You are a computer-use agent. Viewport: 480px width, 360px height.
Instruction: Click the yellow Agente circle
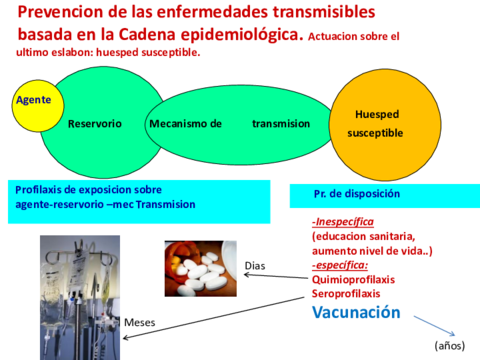coord(38,106)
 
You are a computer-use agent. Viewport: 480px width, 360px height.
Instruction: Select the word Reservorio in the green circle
coord(95,124)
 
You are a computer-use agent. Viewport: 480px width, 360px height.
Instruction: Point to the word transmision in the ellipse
coord(281,124)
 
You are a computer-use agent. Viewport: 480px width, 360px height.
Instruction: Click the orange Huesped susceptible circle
coord(385,125)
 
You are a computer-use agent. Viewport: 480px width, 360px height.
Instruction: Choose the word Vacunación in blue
coord(356,312)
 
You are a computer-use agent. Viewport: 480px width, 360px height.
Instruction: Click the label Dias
coord(255,266)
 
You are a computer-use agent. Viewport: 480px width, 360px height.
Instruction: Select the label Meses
coord(140,322)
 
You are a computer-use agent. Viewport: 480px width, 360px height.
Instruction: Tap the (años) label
coord(450,346)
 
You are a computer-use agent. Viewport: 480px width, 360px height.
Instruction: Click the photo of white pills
coord(201,269)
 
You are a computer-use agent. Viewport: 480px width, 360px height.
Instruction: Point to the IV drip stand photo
coord(80,298)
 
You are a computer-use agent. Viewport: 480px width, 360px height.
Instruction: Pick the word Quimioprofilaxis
coord(353,279)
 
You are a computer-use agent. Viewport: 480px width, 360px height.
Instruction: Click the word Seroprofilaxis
coord(346,294)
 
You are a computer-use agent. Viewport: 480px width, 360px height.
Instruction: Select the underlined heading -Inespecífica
coord(343,222)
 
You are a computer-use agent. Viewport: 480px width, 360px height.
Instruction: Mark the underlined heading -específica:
coord(340,265)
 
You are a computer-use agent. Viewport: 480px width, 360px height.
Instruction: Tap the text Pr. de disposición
coord(357,194)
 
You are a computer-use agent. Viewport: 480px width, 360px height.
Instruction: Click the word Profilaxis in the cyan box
coord(38,190)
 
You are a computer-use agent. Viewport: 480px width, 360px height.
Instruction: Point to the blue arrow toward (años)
coord(434,326)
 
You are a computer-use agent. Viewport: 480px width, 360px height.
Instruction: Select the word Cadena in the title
coord(147,34)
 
